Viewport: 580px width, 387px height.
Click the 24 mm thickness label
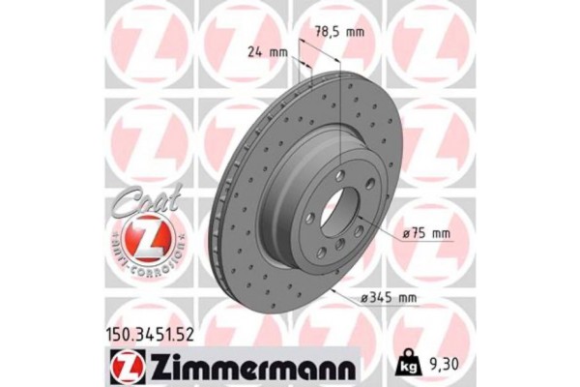pyautogui.click(x=267, y=52)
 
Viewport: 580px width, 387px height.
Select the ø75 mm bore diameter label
pyautogui.click(x=426, y=233)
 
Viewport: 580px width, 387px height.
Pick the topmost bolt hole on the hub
pyautogui.click(x=339, y=174)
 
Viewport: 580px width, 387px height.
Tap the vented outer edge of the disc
pyautogui.click(x=232, y=203)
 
